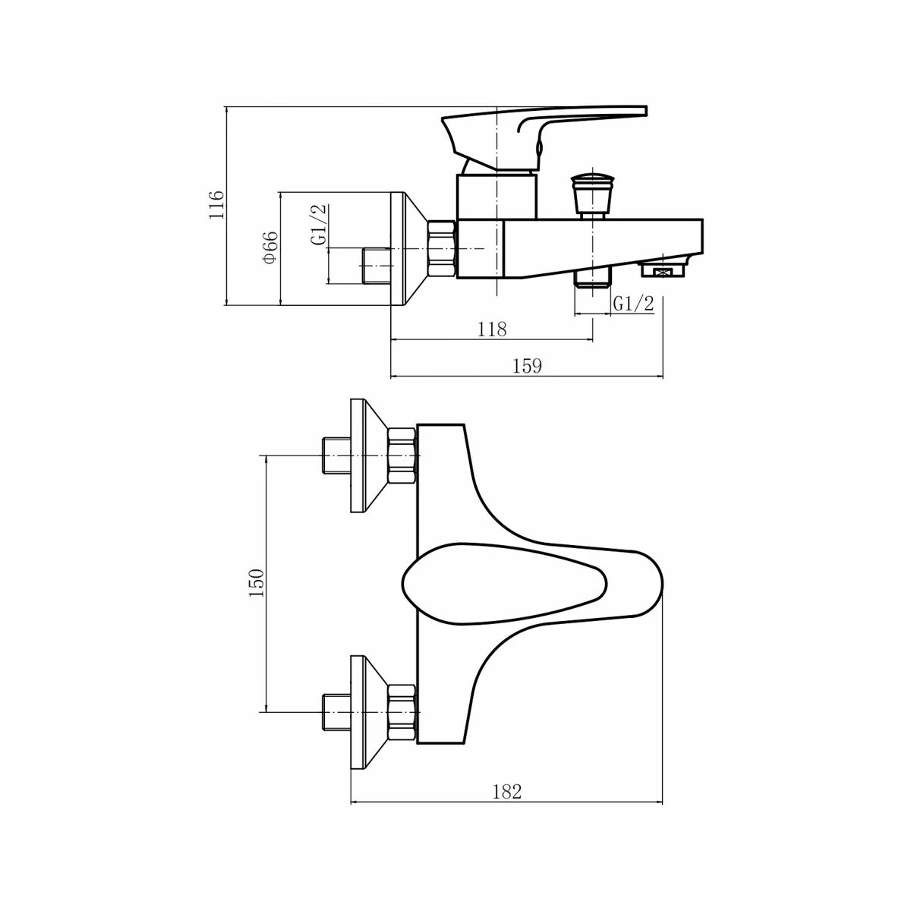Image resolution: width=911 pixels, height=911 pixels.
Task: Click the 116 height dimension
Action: (216, 204)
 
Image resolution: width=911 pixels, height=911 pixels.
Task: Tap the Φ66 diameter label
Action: (271, 247)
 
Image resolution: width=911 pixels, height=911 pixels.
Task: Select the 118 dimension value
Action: (492, 329)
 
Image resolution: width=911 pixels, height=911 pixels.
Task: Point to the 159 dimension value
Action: (527, 366)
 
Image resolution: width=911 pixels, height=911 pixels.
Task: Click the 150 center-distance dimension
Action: (257, 583)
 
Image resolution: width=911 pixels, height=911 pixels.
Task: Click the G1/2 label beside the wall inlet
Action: (319, 224)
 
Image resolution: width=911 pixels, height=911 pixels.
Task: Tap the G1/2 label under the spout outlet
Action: (633, 304)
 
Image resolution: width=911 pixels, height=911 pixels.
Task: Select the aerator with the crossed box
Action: (664, 269)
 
